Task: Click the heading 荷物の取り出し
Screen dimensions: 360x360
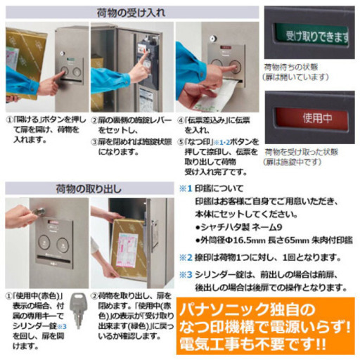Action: coord(89,189)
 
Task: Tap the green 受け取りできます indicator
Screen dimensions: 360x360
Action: coord(311,34)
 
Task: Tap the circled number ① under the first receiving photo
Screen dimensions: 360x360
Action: coord(11,120)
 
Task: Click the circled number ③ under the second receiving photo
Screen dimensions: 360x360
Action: coord(95,141)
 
